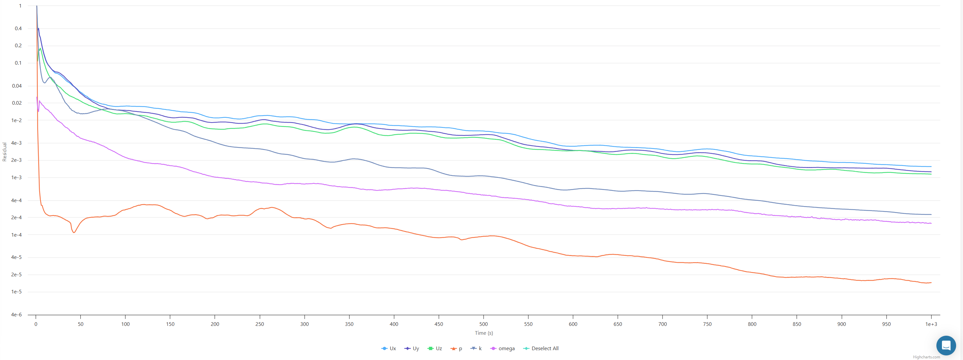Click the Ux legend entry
389,349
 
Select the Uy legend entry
412,349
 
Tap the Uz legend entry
435,349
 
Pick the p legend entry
457,349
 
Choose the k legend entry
477,349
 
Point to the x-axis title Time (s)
484,333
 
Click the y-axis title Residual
5,152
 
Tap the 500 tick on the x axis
483,324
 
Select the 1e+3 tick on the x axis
931,324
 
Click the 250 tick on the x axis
259,324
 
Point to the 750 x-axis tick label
707,324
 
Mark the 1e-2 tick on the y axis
16,120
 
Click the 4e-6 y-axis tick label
16,315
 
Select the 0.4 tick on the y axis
18,29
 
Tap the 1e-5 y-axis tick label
16,292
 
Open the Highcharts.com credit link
926,357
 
